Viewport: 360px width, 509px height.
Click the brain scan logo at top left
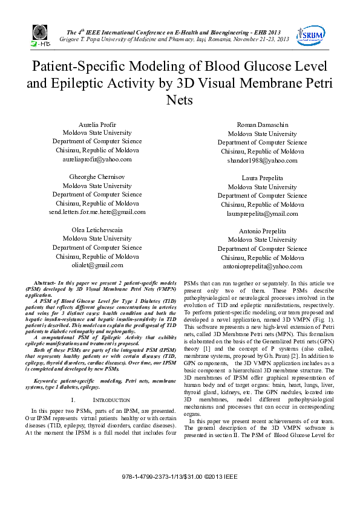coord(41,35)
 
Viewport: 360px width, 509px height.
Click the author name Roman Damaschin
coord(262,125)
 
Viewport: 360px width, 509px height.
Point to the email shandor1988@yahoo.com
coord(262,160)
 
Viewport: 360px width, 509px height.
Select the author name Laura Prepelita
coord(262,178)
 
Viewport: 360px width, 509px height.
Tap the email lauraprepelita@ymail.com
coord(262,213)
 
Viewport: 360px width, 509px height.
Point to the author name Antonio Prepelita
coord(262,231)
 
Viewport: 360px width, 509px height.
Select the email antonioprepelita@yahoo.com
coord(262,266)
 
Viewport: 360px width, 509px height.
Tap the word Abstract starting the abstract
coord(45,283)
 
